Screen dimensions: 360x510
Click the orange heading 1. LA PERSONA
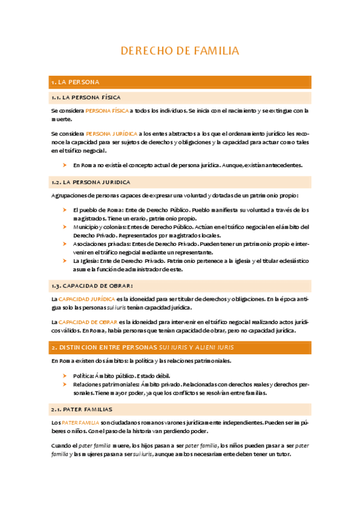coord(76,82)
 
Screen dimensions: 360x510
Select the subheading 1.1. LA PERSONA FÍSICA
coord(86,97)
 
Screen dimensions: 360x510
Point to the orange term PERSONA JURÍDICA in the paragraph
coord(111,134)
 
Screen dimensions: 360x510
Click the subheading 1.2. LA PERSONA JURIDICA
coord(91,182)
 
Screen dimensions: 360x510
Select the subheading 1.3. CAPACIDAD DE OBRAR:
coord(92,285)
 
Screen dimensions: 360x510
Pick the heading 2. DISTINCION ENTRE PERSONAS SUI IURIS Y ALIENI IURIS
coord(142,348)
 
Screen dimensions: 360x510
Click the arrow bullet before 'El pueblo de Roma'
coord(65,210)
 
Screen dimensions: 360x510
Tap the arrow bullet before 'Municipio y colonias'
coord(65,227)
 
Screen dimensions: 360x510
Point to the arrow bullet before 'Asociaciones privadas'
coord(65,244)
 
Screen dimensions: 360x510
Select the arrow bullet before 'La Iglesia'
coord(65,261)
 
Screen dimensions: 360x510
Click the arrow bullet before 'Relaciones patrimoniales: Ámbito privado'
coord(65,384)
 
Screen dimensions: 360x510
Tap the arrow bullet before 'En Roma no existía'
coord(65,165)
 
